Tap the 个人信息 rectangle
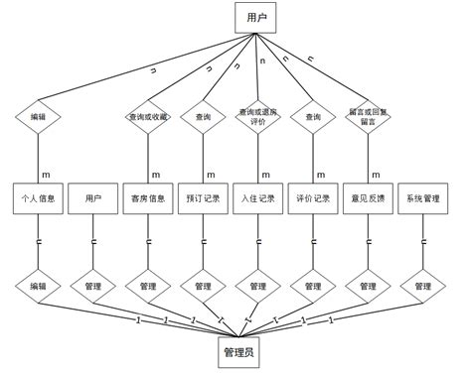39,198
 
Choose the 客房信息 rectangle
149,198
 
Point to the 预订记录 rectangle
204,198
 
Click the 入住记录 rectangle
258,198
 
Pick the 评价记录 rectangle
313,198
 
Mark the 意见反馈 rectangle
368,198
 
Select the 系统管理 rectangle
422,198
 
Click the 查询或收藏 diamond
149,117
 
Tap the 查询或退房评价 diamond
258,117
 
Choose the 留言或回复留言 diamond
368,117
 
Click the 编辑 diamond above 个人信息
39,117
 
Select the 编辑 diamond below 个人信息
39,286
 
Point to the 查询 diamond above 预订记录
204,117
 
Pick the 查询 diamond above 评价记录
313,117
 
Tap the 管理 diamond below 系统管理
422,286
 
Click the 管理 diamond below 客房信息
149,286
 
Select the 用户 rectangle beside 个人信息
94,198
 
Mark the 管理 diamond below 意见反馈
368,286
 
